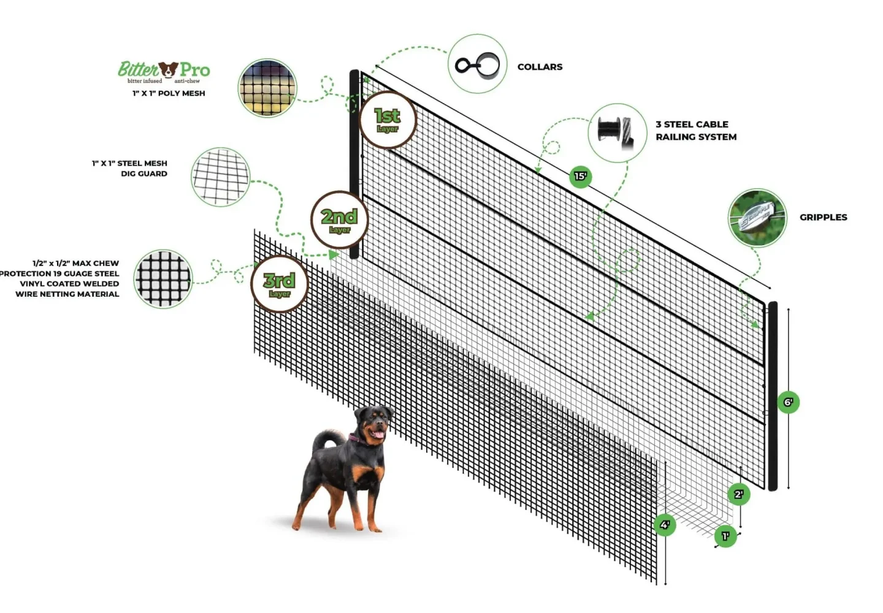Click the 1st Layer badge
pos(387,120)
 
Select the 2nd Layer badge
pos(339,220)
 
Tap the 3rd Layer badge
pos(280,284)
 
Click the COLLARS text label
pos(540,67)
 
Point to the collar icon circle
pos(477,64)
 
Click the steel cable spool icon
pos(617,132)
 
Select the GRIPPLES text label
pos(823,217)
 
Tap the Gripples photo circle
pos(757,218)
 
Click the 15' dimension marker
pos(580,177)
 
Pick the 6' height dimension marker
pos(788,403)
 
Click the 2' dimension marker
pos(738,494)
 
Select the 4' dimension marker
pos(665,525)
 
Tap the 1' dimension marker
pos(725,537)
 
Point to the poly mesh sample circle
pos(267,88)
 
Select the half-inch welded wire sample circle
pos(162,279)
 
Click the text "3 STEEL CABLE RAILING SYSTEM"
pos(696,131)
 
